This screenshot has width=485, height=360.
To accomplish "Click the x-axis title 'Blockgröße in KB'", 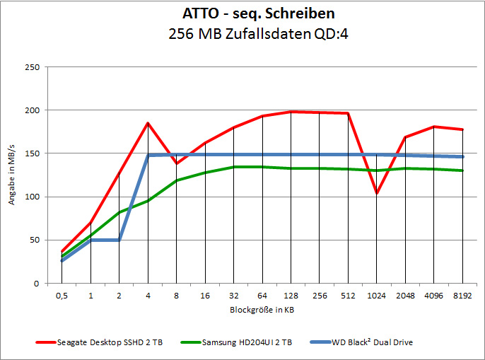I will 262,310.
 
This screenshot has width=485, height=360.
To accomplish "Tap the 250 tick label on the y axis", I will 32,68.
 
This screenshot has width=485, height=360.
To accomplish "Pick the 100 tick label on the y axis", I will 32,197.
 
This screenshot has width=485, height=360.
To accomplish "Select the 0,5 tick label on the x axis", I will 62,296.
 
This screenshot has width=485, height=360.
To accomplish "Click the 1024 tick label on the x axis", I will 377,296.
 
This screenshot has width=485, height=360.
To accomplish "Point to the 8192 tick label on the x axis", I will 463,296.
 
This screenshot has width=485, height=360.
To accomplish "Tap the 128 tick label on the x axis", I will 291,296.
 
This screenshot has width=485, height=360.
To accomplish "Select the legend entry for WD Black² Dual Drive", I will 373,343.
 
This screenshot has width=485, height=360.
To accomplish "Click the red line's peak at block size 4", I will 148,123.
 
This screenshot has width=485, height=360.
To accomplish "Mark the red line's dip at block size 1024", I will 377,193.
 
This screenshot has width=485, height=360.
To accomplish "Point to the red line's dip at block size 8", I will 177,163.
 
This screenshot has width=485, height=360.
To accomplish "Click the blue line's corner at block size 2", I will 119,240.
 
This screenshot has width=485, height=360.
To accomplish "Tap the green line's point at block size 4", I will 148,201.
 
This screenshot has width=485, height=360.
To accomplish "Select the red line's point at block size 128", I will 291,112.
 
